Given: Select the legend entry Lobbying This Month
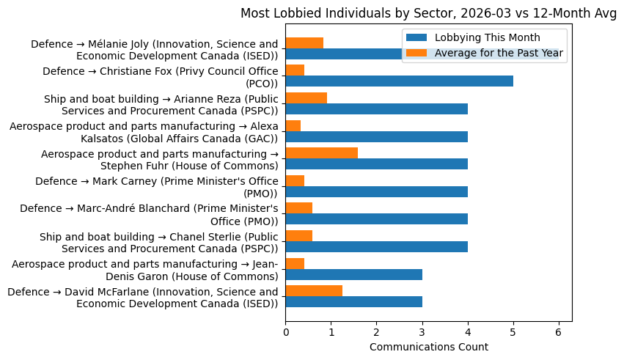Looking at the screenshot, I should pos(487,37).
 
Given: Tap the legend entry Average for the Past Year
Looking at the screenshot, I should pos(499,52).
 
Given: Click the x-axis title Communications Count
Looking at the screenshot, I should pos(428,346).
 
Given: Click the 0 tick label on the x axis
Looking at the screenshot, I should pos(286,332).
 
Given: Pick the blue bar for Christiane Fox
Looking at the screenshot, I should pos(399,81).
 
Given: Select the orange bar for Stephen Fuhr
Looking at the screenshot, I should pos(321,153).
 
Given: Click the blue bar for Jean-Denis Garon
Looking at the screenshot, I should pos(353,274).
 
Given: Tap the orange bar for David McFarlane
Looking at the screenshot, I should pos(314,290).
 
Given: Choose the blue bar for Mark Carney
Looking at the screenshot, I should pos(376,191).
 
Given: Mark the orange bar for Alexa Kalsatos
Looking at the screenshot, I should pos(293,125).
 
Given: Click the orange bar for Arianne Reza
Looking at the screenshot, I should pos(307,98).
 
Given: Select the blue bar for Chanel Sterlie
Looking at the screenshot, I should pos(376,246).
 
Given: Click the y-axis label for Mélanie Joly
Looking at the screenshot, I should pos(154,51).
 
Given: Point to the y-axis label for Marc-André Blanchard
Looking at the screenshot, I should pos(149,215).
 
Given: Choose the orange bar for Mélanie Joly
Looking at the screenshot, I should pos(304,43).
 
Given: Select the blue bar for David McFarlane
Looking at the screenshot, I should pos(353,301).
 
